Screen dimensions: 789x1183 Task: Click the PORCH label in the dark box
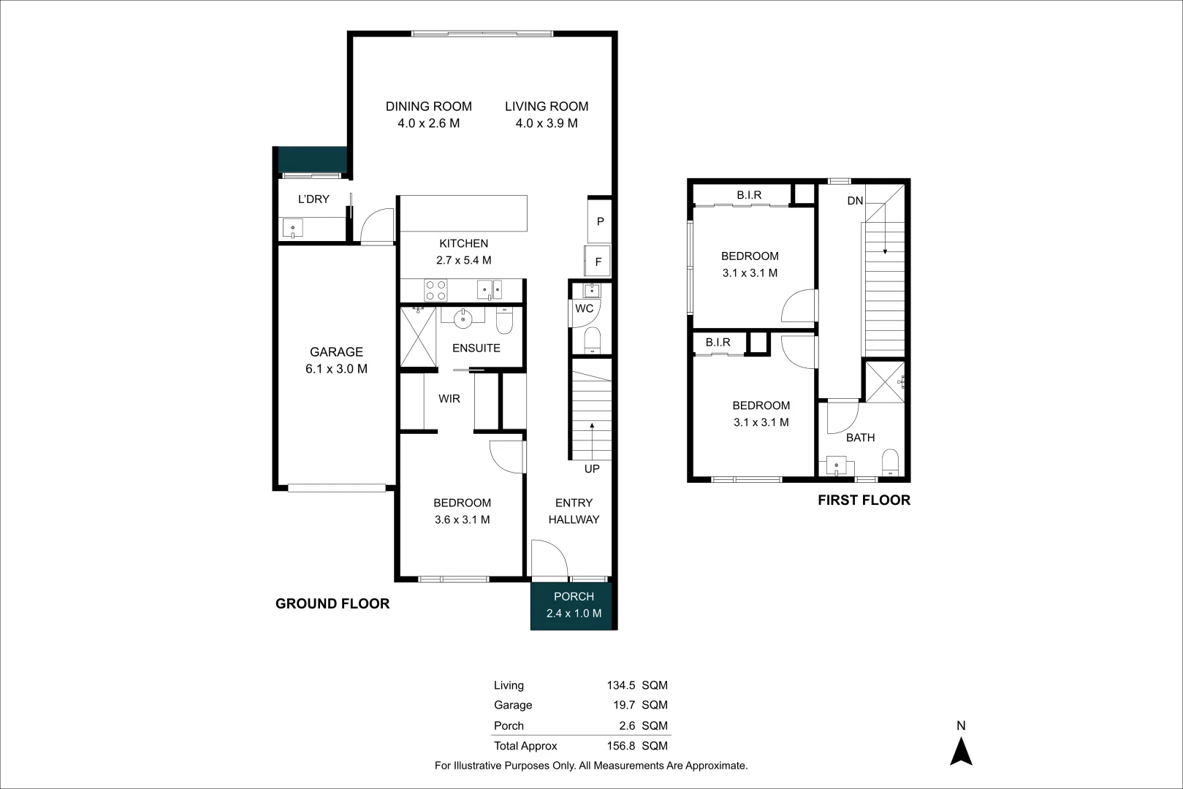click(x=574, y=597)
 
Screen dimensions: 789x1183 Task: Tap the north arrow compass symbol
click(x=961, y=751)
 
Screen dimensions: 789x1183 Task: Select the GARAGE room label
click(x=336, y=352)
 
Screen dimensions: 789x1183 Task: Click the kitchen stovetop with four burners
click(x=436, y=290)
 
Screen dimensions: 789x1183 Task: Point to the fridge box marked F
click(x=598, y=262)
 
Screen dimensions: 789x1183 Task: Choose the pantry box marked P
click(x=600, y=221)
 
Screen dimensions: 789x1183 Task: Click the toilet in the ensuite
click(x=505, y=321)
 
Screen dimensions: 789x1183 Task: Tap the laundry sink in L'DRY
click(x=292, y=228)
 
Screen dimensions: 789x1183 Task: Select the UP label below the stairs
click(x=592, y=469)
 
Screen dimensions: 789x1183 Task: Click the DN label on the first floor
click(x=855, y=201)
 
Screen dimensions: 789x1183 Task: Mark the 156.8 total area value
click(x=620, y=746)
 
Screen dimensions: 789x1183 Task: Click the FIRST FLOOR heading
click(x=864, y=500)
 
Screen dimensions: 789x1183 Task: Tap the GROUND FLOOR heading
click(x=332, y=603)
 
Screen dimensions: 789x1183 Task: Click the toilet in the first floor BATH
click(x=890, y=463)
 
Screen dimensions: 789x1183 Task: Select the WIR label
click(x=449, y=399)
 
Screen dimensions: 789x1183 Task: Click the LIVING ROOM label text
click(x=547, y=107)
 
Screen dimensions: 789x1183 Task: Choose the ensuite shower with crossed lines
click(x=418, y=337)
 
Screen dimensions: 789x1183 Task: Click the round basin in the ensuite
click(x=463, y=318)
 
